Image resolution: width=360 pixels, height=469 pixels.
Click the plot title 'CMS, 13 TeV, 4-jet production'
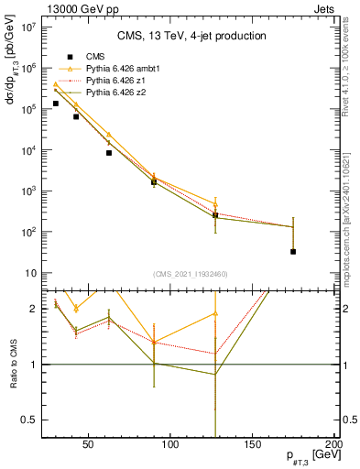(191, 37)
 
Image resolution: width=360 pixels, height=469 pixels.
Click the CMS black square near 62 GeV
(109, 153)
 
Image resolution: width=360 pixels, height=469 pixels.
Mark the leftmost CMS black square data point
(56, 104)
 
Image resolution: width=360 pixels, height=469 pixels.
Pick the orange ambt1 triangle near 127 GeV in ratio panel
(215, 313)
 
